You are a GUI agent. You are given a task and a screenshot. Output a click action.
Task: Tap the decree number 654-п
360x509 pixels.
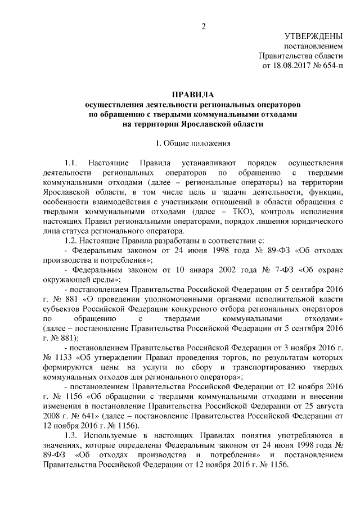pyautogui.click(x=333, y=66)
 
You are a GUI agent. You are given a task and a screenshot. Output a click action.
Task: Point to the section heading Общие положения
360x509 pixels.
pyautogui.click(x=196, y=143)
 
